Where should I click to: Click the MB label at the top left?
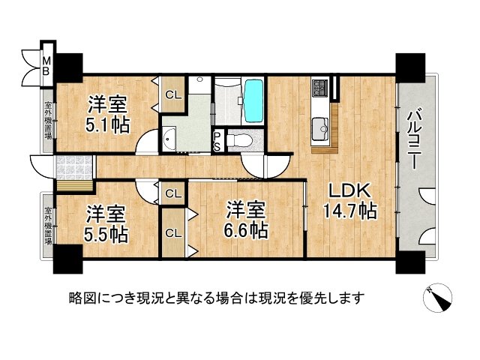click(46, 66)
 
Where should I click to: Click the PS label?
click(217, 140)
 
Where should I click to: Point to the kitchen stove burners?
click(319, 88)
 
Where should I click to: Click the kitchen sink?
click(323, 127)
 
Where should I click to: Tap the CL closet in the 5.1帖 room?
click(172, 94)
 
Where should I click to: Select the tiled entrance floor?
click(72, 164)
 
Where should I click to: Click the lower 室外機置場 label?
click(47, 224)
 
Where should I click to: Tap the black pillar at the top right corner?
click(411, 68)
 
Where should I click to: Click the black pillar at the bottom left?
click(66, 259)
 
